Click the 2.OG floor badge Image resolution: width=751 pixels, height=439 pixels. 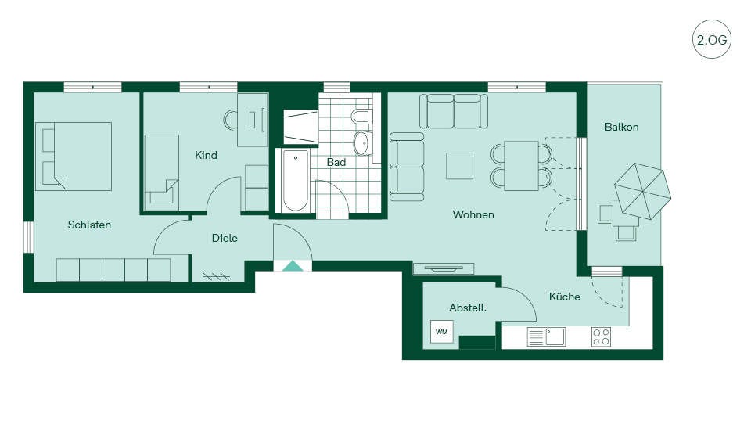(x=712, y=39)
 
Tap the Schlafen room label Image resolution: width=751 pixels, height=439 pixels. (x=89, y=225)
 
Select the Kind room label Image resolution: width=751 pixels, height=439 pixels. (x=206, y=155)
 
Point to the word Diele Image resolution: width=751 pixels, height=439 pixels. (x=225, y=238)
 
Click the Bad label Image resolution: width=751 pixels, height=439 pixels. (x=336, y=163)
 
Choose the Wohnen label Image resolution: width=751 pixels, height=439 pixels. (x=473, y=214)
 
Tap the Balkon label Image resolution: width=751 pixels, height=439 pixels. (x=622, y=127)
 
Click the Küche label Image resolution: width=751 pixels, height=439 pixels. (x=565, y=297)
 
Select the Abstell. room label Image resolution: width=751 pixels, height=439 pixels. (x=468, y=308)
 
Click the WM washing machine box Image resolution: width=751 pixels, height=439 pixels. (x=441, y=332)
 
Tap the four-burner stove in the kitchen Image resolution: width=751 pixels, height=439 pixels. (x=601, y=336)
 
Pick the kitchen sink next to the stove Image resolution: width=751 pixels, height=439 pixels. (x=547, y=337)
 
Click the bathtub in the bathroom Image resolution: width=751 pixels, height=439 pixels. (x=295, y=181)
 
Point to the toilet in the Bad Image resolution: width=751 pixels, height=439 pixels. (x=361, y=116)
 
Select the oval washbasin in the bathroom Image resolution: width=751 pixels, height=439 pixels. (x=361, y=143)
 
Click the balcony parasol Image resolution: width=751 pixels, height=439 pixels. (x=643, y=191)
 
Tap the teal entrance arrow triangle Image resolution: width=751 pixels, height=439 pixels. (x=293, y=266)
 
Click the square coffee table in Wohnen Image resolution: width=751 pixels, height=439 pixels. (x=460, y=166)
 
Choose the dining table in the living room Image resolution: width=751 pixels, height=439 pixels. (x=521, y=166)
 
